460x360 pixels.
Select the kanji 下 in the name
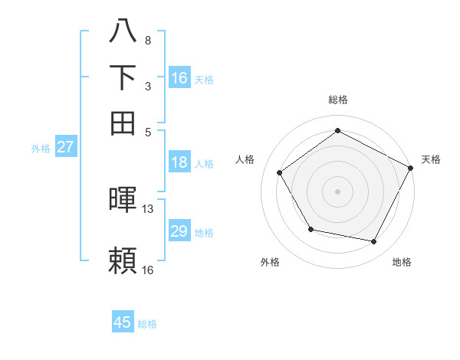click(x=123, y=77)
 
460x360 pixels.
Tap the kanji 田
click(x=123, y=122)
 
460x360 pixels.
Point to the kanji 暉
click(x=123, y=199)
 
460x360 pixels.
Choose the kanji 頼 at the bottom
click(x=123, y=260)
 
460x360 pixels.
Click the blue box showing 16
click(x=179, y=78)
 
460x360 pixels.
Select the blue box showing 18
click(x=179, y=162)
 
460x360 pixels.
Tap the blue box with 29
click(x=179, y=231)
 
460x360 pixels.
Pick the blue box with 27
click(x=65, y=147)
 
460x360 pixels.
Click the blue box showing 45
click(x=123, y=322)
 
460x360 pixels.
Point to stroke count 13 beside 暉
click(x=148, y=208)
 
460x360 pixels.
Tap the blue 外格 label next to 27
click(x=41, y=149)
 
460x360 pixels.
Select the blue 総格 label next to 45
click(x=147, y=324)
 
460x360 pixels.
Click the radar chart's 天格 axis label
click(x=431, y=159)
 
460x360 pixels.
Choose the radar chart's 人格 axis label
click(x=245, y=159)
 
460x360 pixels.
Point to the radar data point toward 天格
click(x=411, y=168)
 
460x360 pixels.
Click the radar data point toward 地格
click(x=374, y=242)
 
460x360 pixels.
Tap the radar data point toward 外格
click(x=310, y=229)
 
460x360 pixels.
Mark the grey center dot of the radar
click(x=337, y=191)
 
